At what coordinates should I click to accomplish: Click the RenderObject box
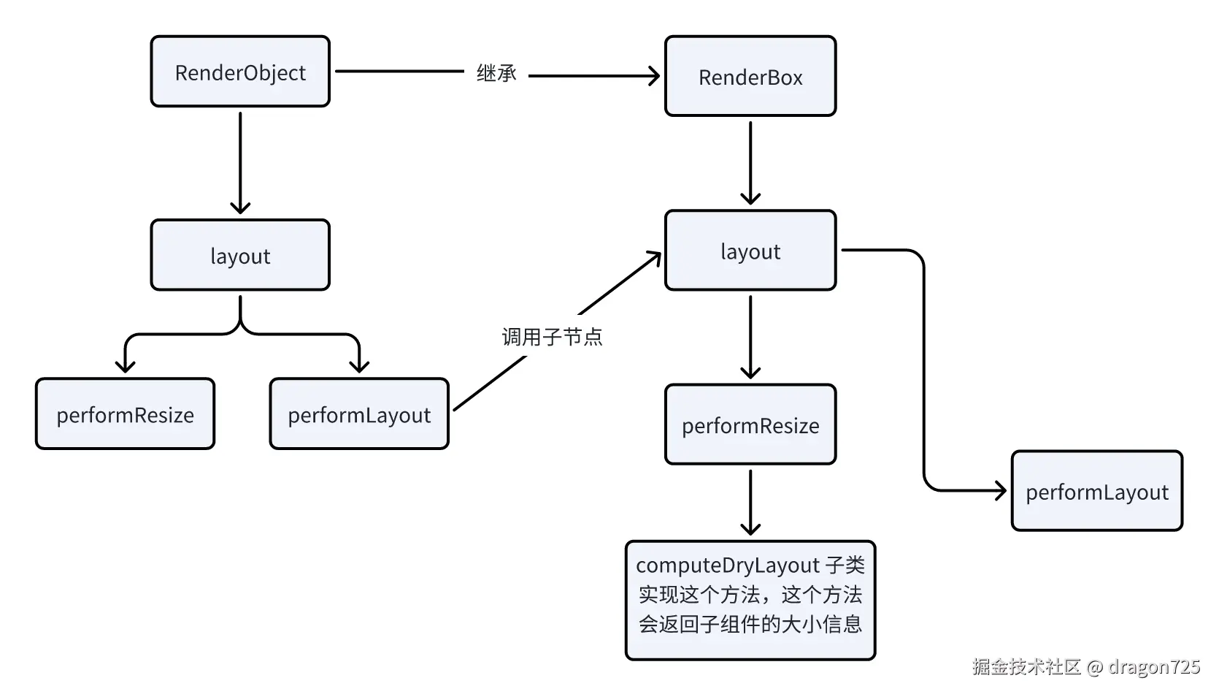(x=240, y=72)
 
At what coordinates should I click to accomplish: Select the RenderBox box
(x=750, y=76)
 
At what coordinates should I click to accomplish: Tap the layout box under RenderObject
(x=240, y=255)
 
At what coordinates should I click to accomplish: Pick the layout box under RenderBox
(x=750, y=251)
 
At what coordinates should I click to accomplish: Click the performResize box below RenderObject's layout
(x=125, y=414)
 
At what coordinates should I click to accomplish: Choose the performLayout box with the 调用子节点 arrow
(x=359, y=414)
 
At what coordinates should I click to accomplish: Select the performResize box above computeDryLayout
(x=750, y=424)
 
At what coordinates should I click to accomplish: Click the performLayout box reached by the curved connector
(x=1097, y=491)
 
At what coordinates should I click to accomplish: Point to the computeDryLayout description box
(x=750, y=601)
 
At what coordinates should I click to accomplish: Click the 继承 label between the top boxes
(x=496, y=73)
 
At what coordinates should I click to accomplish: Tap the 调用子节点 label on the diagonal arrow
(x=552, y=337)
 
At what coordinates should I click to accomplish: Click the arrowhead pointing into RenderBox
(x=653, y=76)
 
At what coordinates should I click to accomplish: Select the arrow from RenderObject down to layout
(x=240, y=163)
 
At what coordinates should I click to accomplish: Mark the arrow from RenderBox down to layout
(x=750, y=163)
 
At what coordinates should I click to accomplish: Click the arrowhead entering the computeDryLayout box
(x=750, y=529)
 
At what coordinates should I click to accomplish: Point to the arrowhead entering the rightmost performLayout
(x=1000, y=491)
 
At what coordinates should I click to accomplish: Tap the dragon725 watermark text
(x=1154, y=666)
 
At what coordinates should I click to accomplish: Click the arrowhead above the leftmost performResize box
(x=125, y=367)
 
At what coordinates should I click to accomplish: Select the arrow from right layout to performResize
(x=750, y=337)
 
